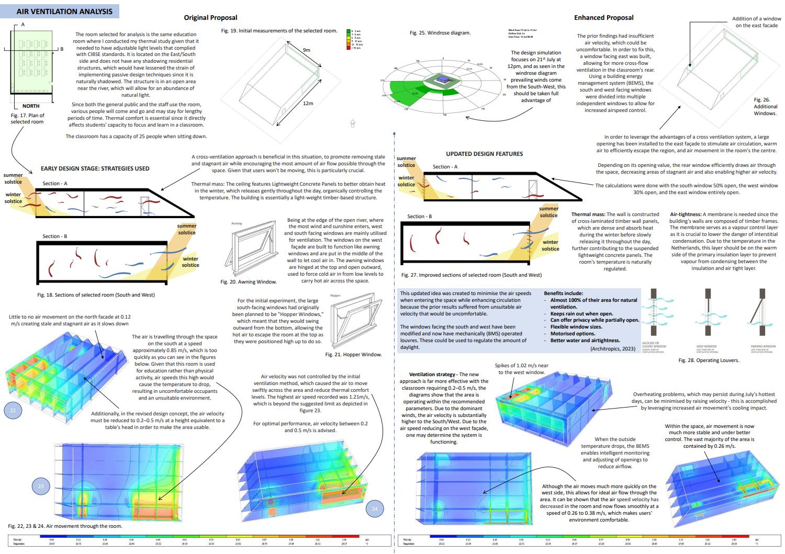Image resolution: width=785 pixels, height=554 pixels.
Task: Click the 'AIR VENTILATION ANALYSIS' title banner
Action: (x=64, y=11)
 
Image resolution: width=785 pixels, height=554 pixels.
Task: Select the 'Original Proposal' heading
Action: (x=210, y=18)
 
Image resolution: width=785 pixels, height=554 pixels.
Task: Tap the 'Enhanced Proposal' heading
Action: (x=603, y=18)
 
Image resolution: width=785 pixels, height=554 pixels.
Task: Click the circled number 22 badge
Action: (x=13, y=410)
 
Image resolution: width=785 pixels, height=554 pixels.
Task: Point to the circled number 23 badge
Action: (x=41, y=487)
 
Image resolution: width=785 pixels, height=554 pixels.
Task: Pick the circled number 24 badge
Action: (x=374, y=508)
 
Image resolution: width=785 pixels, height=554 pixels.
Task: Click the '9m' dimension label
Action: (x=306, y=50)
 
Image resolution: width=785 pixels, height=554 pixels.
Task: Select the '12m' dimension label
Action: (x=308, y=103)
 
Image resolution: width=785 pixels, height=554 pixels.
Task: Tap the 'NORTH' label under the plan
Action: (x=31, y=106)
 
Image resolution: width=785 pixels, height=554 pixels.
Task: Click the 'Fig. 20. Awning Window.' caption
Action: (x=249, y=282)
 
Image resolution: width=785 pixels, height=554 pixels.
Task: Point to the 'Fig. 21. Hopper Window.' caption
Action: (x=353, y=355)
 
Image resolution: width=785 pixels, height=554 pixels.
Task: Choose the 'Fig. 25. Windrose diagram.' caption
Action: (x=440, y=33)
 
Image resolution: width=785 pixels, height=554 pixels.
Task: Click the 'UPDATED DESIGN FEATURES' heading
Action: (x=484, y=154)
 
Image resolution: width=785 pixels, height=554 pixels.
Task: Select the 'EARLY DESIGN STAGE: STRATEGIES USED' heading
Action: (x=95, y=168)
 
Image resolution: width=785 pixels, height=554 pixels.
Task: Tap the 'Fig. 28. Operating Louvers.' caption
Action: (x=709, y=360)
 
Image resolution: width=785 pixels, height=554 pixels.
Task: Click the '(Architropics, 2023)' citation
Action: (x=612, y=348)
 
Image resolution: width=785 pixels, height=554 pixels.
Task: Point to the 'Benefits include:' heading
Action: (x=563, y=293)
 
